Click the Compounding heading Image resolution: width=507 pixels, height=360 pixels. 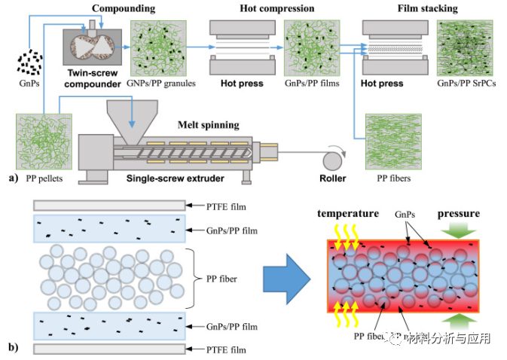(x=124, y=8)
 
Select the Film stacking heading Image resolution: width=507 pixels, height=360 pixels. (x=427, y=8)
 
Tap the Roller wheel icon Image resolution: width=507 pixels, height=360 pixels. (x=331, y=159)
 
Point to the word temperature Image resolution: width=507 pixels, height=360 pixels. (x=347, y=214)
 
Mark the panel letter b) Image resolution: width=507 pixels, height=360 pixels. (x=14, y=347)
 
